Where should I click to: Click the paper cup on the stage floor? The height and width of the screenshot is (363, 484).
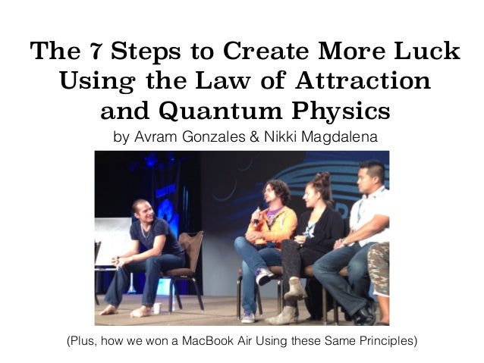[157, 309]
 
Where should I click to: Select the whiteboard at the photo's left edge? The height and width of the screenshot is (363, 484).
[111, 243]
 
